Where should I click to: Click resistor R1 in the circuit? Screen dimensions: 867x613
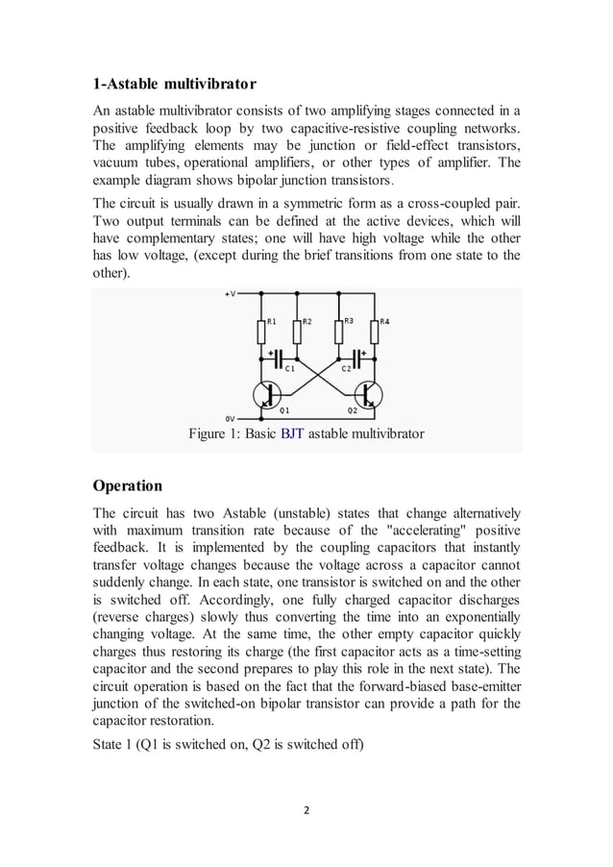click(260, 332)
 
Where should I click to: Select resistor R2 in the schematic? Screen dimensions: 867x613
click(296, 332)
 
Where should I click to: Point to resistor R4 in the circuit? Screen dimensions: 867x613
click(374, 332)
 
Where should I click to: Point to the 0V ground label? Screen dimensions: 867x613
click(229, 419)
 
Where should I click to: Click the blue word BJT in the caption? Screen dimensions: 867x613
click(291, 434)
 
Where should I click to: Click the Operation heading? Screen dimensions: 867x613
click(127, 484)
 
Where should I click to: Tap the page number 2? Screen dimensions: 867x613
click(306, 809)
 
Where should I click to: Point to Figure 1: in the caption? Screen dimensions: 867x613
click(219, 434)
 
